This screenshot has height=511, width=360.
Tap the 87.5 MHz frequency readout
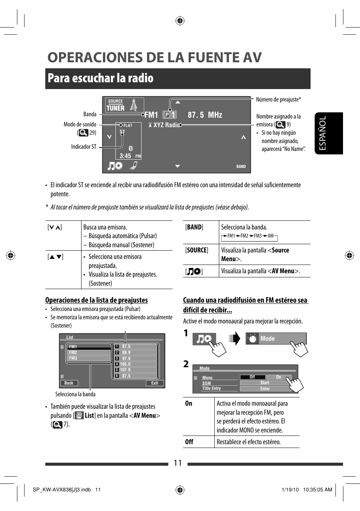tap(205, 115)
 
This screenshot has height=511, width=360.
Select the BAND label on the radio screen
tap(241, 166)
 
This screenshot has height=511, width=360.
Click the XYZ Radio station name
tap(166, 125)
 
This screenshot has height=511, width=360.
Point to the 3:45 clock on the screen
tap(126, 156)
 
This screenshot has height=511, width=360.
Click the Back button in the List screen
tap(69, 383)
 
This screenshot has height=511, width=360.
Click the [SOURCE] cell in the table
tap(197, 250)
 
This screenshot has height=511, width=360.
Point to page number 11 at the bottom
tap(178, 463)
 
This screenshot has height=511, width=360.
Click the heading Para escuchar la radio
tap(101, 78)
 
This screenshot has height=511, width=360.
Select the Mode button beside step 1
tap(276, 339)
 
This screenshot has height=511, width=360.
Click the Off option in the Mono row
tap(252, 377)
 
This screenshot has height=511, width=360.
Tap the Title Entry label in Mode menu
tap(211, 388)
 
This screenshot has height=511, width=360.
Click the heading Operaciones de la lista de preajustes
tap(97, 300)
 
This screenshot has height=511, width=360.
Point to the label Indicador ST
tap(84, 147)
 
